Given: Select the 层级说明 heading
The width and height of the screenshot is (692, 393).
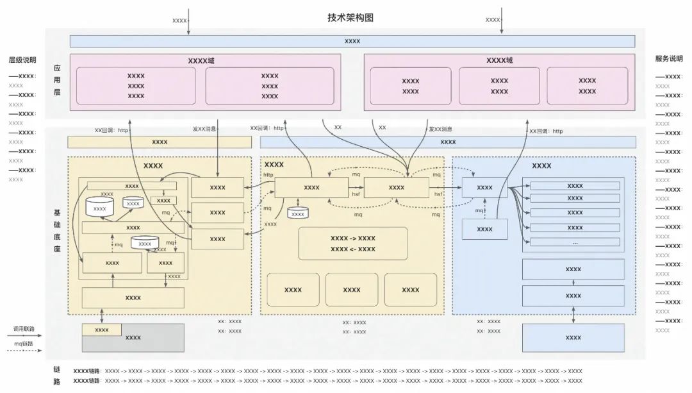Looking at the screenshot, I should coord(22,60).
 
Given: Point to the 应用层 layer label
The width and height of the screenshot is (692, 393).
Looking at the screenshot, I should coord(57,79).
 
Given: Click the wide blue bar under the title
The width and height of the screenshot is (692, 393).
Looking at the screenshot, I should coord(352,41).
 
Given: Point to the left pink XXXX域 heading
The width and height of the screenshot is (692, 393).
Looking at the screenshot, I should coord(201,60).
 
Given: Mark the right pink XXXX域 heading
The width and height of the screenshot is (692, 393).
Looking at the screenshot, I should coord(499,60).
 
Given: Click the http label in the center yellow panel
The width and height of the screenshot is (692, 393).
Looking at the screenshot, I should coord(268,174).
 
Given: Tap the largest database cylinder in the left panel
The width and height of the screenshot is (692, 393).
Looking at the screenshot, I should coord(100,207).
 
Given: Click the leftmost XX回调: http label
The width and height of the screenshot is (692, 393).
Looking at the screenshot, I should coord(111,130).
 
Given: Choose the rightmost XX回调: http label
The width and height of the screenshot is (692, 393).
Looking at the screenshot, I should coord(546,131).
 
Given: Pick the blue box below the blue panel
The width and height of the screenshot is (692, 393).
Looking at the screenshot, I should coord(573,337).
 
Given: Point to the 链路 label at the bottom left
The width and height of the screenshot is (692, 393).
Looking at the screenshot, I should coord(57,376).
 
